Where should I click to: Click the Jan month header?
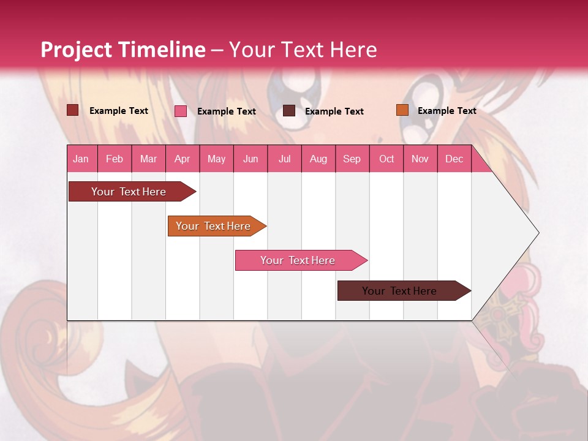[81, 159]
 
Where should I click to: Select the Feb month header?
[115, 159]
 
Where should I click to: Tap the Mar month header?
[148, 159]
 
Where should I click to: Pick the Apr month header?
[183, 159]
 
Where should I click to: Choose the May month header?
[216, 159]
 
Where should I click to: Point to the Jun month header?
[251, 159]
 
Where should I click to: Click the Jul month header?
[284, 159]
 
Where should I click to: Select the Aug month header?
[318, 159]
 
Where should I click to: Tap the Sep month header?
[352, 159]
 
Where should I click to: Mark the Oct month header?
[386, 159]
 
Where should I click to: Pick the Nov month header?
[420, 159]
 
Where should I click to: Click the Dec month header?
[454, 159]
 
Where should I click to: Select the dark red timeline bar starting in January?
[129, 192]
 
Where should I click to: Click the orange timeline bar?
[214, 226]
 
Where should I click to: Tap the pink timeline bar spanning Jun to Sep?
[298, 260]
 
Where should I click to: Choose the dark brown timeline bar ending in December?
[400, 291]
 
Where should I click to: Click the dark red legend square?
[72, 110]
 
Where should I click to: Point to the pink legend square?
[181, 111]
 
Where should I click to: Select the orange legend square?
[402, 110]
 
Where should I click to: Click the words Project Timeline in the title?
[123, 50]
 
